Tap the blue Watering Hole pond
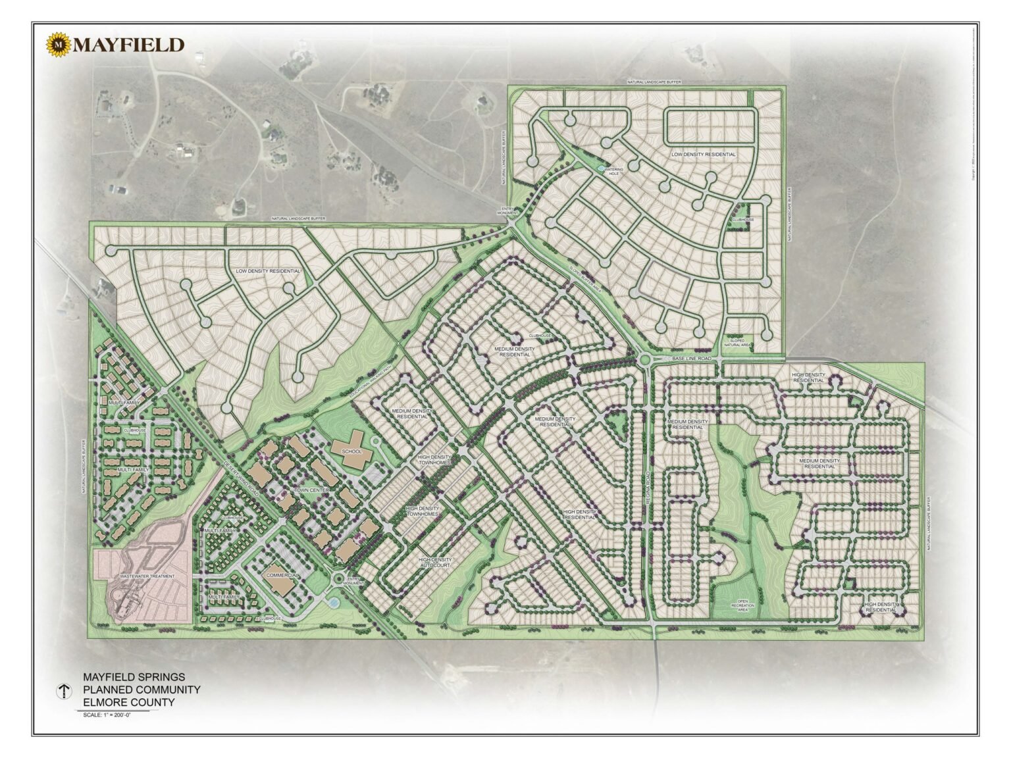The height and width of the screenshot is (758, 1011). pyautogui.click(x=600, y=168)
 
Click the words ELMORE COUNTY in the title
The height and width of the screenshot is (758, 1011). pyautogui.click(x=128, y=702)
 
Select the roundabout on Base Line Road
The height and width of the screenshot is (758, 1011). pyautogui.click(x=644, y=359)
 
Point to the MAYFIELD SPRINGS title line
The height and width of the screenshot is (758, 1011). pyautogui.click(x=134, y=676)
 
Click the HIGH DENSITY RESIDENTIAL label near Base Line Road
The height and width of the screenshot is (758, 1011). pyautogui.click(x=808, y=377)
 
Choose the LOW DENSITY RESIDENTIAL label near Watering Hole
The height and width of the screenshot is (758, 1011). pyautogui.click(x=703, y=153)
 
